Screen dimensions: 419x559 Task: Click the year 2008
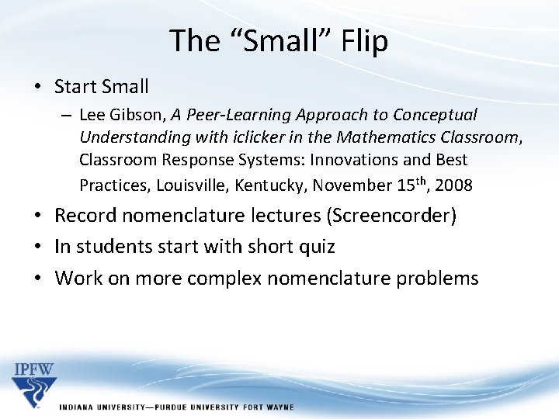[454, 185]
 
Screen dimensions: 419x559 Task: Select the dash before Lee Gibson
[67, 115]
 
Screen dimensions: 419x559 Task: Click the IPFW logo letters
[34, 369]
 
